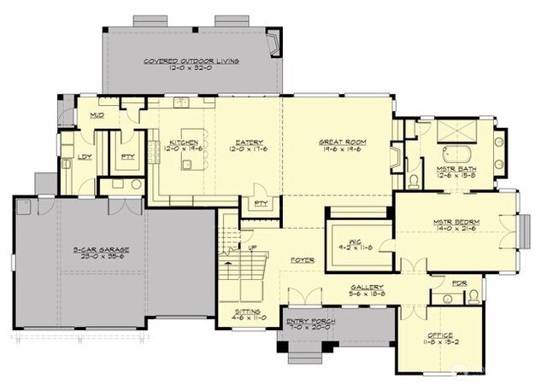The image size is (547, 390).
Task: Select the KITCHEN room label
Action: point(185,142)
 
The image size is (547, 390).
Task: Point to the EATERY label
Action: point(250,142)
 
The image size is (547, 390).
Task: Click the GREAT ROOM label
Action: point(343,142)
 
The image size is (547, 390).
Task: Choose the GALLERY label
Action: point(367,287)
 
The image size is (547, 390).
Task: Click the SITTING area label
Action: point(246,312)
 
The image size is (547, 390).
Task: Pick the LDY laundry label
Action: point(85,156)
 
